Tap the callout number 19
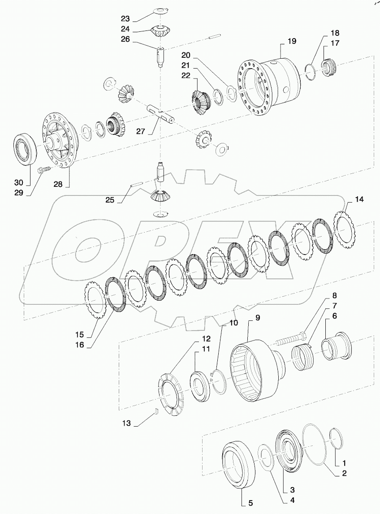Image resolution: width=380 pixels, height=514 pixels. (x=292, y=41)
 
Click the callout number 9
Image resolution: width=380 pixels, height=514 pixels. (x=258, y=318)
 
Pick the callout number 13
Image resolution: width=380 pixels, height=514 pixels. (x=127, y=422)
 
